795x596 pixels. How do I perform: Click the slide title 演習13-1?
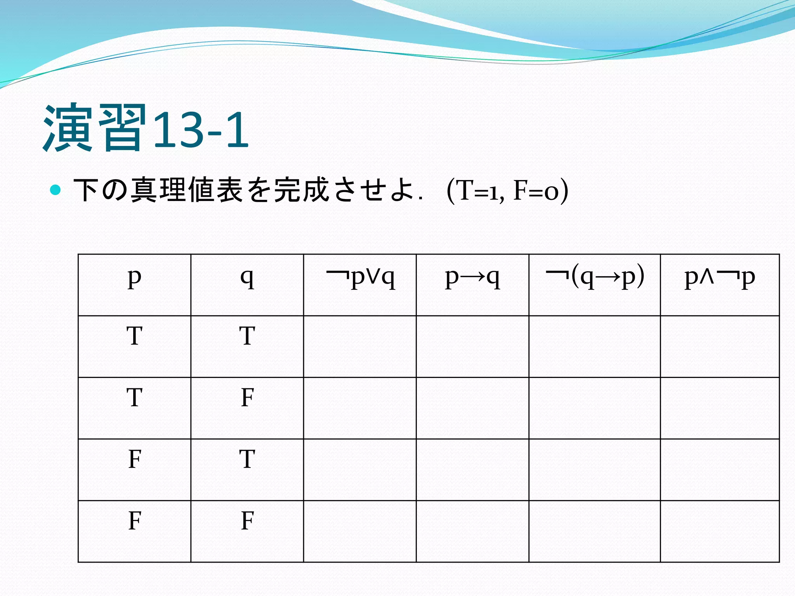[x=146, y=128]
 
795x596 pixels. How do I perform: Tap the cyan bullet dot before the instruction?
[x=56, y=190]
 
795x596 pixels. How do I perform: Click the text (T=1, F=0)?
[x=507, y=191]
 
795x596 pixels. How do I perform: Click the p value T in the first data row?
[x=134, y=336]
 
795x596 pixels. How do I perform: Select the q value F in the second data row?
[x=247, y=398]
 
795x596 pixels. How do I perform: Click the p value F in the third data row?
[x=134, y=459]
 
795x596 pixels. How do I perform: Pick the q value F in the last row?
[x=247, y=521]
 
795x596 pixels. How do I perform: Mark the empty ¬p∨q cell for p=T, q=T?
[x=360, y=347]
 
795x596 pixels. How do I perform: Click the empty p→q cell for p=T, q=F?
[x=472, y=408]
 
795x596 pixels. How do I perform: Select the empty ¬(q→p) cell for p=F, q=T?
[x=595, y=470]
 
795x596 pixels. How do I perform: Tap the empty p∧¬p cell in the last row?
[x=720, y=531]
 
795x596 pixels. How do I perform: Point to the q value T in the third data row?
[x=247, y=459]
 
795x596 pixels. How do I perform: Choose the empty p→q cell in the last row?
[x=472, y=531]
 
